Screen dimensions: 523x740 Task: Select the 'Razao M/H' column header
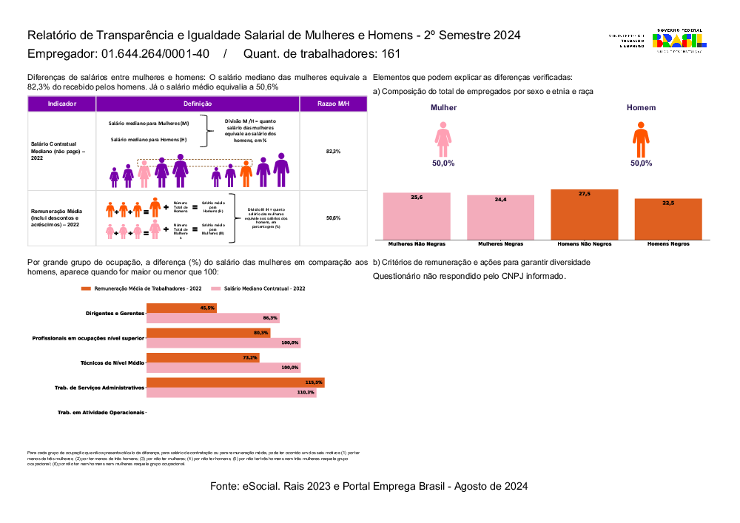333,104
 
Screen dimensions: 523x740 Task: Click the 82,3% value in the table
333,151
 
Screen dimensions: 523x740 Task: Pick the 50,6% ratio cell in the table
333,218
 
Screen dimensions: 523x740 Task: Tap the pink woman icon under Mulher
443,138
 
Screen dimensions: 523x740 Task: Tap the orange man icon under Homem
641,138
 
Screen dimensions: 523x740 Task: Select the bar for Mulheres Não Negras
417,215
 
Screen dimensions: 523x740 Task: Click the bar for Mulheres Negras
500,217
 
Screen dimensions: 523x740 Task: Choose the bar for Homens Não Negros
585,214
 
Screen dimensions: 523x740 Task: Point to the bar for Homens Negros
668,218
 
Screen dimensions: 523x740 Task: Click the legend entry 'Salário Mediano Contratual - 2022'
258,289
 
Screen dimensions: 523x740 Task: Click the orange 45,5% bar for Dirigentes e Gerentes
181,308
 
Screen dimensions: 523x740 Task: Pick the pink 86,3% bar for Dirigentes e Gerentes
213,318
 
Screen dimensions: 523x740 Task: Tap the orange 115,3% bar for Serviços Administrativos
235,382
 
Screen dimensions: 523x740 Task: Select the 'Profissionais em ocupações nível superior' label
88,338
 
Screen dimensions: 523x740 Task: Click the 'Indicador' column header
61,104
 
